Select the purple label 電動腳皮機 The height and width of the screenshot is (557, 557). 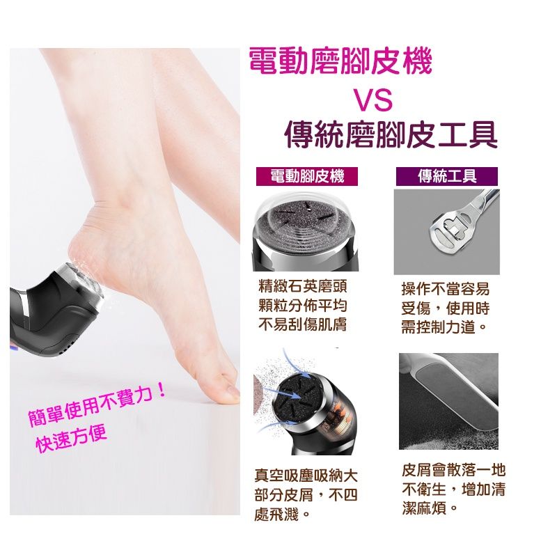coord(307,176)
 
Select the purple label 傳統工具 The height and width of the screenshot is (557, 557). coord(446,176)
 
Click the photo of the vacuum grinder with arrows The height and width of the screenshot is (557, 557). coord(306,405)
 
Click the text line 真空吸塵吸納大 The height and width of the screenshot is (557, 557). coord(306,477)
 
